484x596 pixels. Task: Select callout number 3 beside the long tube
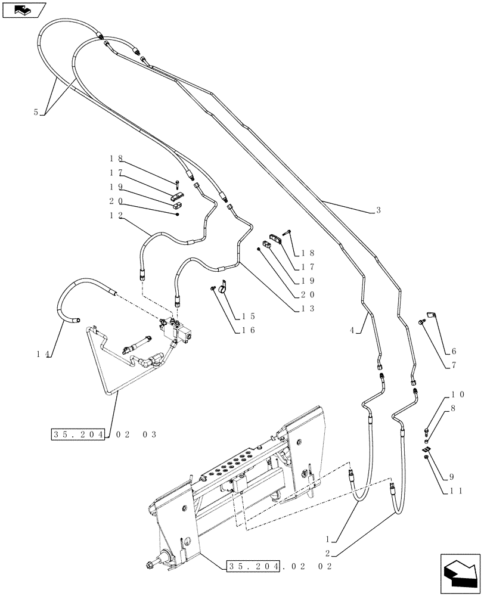point(378,210)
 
